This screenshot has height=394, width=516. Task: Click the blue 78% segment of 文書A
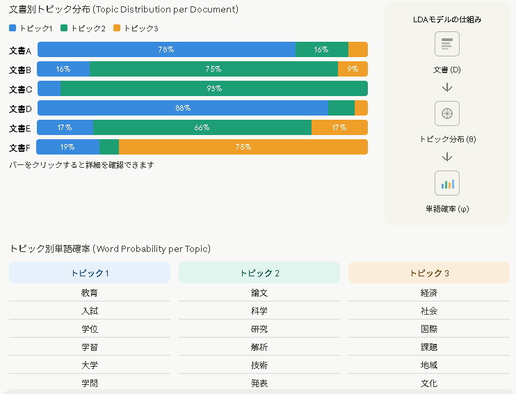[166, 49]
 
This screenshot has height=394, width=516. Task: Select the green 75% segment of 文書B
[213, 69]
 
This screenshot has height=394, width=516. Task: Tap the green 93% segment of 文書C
[214, 88]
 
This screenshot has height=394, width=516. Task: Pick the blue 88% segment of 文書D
[183, 108]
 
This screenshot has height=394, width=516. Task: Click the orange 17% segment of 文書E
[339, 127]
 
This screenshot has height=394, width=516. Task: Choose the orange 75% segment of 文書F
[243, 147]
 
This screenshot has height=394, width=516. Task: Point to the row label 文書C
[21, 89]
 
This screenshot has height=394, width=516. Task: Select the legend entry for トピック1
[31, 28]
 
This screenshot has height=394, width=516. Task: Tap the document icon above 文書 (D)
[447, 45]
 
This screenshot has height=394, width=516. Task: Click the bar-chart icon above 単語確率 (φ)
[447, 184]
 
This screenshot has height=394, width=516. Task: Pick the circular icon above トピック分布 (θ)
[447, 113]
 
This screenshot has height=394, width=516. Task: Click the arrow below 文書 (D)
[447, 88]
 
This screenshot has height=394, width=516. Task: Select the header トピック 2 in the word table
[259, 273]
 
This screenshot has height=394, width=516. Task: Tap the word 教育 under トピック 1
[90, 293]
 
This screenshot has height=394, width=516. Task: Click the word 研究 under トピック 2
[259, 329]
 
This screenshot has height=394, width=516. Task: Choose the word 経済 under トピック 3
[429, 293]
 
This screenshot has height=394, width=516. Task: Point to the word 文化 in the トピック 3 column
[429, 384]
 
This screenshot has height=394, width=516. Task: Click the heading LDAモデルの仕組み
[447, 19]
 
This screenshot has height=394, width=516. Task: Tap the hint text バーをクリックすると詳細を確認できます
[81, 165]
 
